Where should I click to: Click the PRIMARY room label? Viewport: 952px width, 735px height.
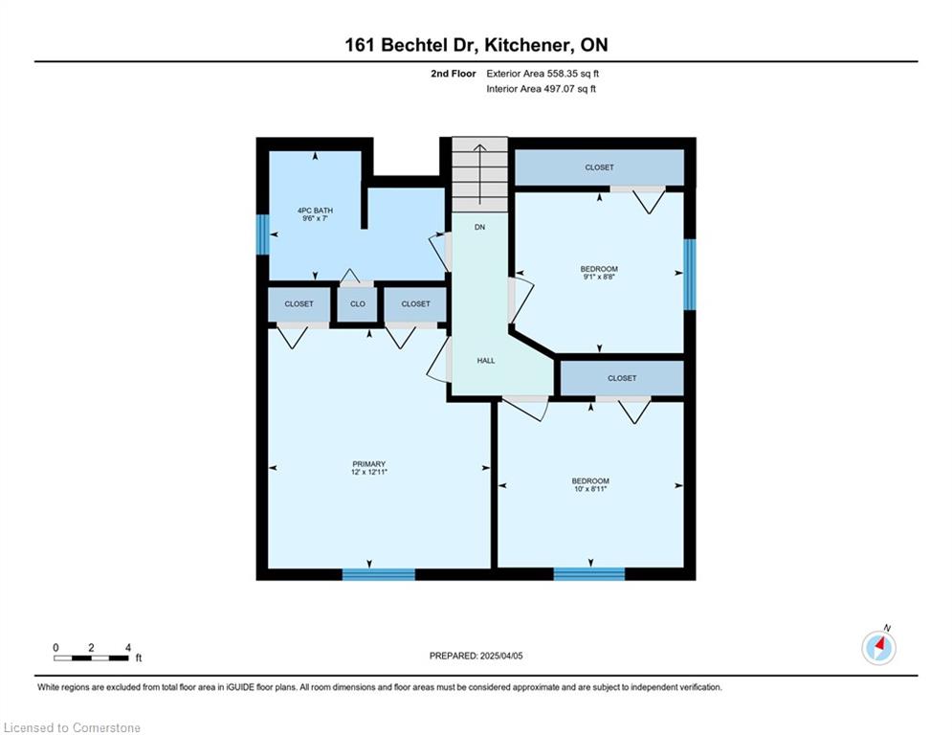click(369, 464)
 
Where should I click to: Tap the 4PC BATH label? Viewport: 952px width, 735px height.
click(315, 211)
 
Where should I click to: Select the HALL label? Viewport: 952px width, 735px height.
click(486, 361)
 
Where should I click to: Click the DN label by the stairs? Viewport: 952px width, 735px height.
click(479, 227)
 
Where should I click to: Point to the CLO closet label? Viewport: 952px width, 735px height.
click(358, 303)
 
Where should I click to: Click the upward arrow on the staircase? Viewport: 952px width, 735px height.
click(479, 175)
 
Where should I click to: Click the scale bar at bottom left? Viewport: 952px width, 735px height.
click(91, 657)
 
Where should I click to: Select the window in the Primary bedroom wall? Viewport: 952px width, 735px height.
click(379, 574)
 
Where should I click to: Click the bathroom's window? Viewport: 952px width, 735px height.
click(262, 234)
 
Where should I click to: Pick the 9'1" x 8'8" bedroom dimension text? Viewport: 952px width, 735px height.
click(599, 277)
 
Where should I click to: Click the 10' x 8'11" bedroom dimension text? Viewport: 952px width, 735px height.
click(590, 488)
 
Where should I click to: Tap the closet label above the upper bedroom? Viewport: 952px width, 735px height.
click(599, 167)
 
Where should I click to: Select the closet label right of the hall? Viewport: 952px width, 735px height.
click(622, 378)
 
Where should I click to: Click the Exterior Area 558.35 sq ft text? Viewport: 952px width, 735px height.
click(542, 74)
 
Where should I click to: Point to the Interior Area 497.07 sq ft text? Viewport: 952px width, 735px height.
click(541, 89)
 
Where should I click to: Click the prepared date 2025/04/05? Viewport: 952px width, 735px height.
click(501, 656)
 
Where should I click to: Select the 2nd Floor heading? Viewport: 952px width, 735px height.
click(454, 74)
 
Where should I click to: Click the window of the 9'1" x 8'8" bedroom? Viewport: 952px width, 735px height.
click(690, 275)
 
